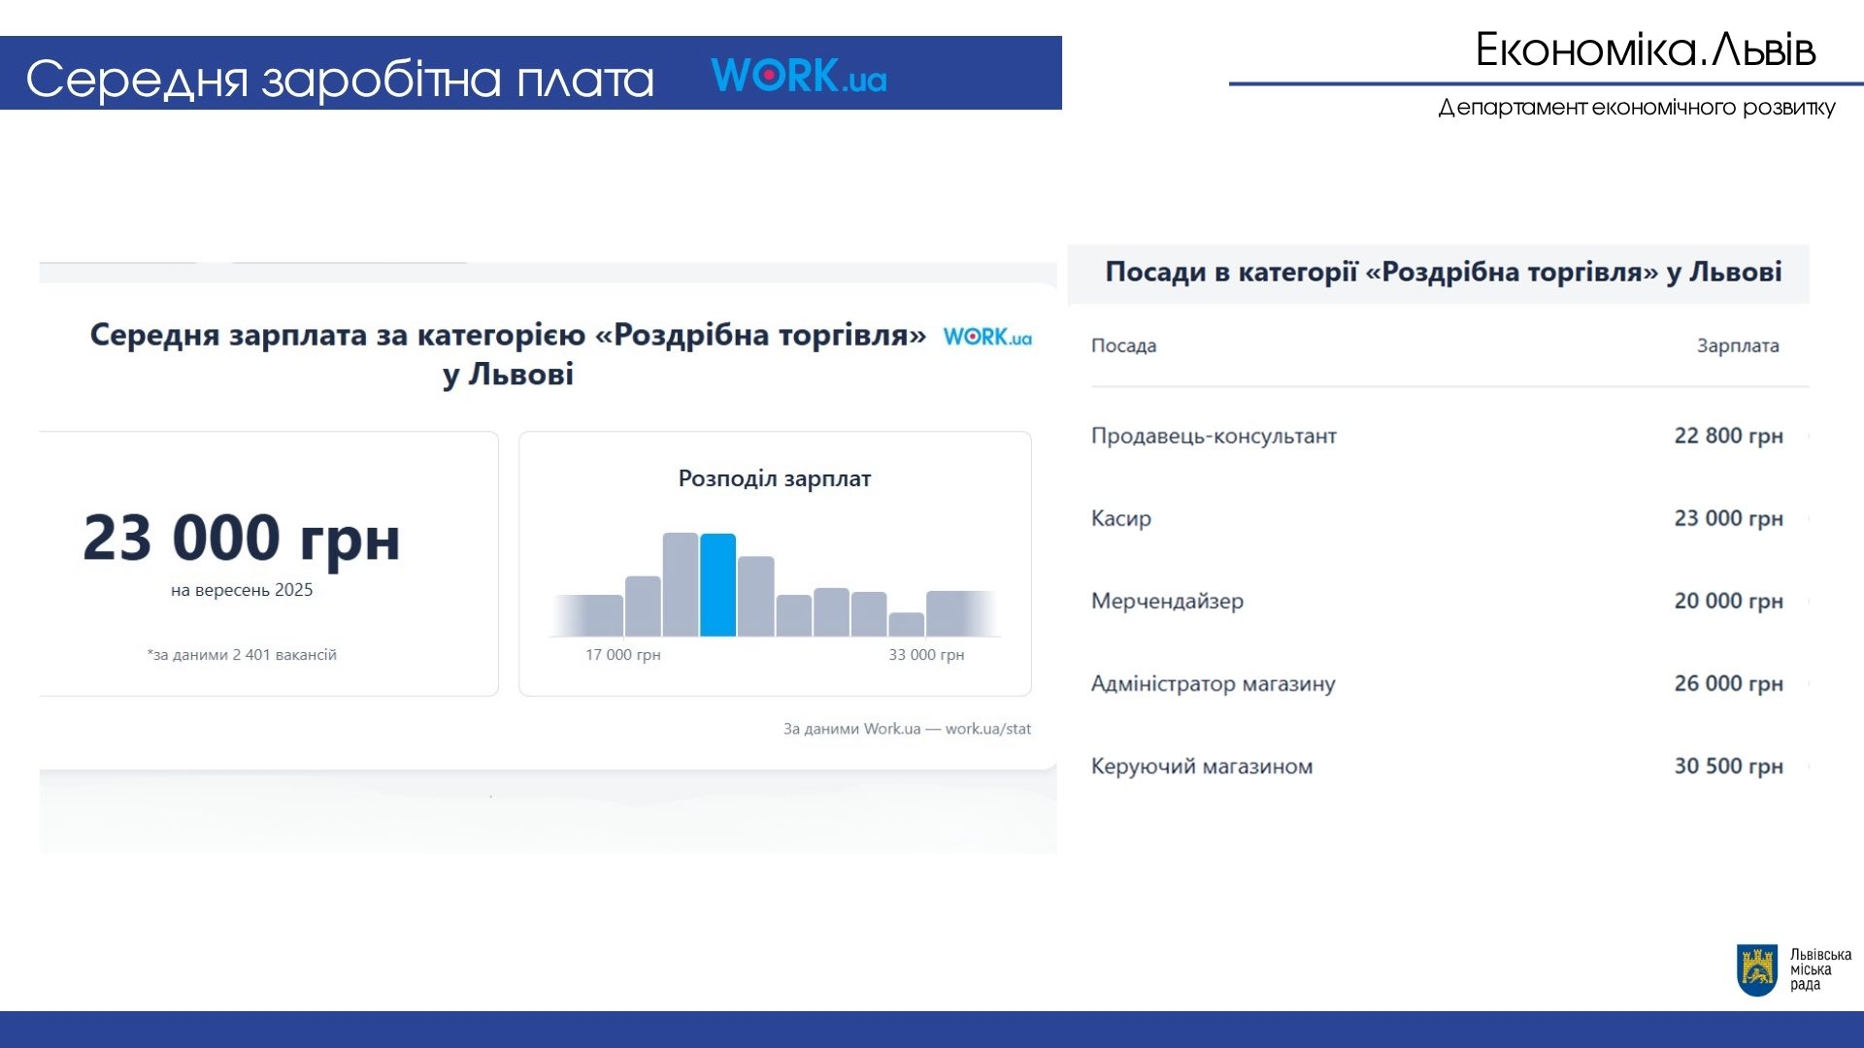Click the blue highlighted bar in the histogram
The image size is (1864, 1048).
click(717, 585)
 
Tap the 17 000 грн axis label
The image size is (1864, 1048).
click(622, 655)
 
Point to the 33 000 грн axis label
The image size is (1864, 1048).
click(926, 655)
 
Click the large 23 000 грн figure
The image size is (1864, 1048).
click(242, 539)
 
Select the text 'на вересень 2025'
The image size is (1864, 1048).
click(242, 590)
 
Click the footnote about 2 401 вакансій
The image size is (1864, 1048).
click(242, 655)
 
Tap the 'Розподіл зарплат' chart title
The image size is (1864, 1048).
click(775, 478)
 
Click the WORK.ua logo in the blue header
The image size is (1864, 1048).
click(799, 76)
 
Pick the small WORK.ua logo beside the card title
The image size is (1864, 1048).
click(987, 337)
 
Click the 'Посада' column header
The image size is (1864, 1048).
click(1123, 345)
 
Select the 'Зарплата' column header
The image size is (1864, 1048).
click(1738, 345)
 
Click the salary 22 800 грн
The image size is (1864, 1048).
click(1728, 436)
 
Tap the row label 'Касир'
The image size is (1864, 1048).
click(1121, 518)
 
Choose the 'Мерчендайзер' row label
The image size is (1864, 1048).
click(1167, 602)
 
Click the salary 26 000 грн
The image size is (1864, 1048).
click(1728, 683)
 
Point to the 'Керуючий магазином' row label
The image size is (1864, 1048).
click(1202, 767)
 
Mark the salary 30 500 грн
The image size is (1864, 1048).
click(1728, 766)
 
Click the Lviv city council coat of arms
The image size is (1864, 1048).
click(1757, 970)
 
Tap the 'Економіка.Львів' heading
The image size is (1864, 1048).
click(1646, 49)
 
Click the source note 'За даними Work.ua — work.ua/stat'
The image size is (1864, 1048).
click(908, 729)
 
